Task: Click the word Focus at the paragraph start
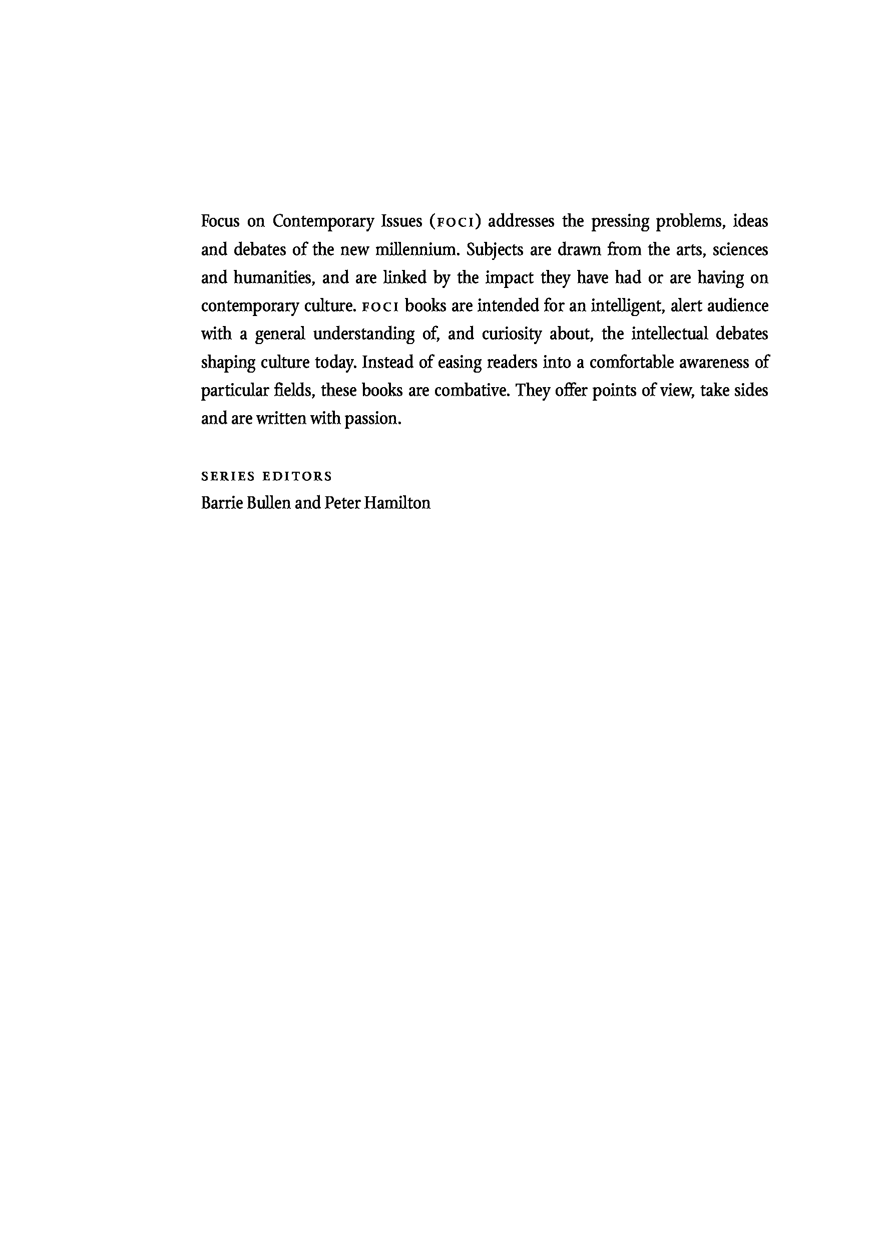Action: click(220, 221)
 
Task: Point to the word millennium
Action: click(417, 250)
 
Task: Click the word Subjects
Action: click(495, 250)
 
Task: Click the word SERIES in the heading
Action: click(228, 477)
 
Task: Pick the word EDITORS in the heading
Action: click(297, 477)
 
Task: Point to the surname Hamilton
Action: click(397, 503)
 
